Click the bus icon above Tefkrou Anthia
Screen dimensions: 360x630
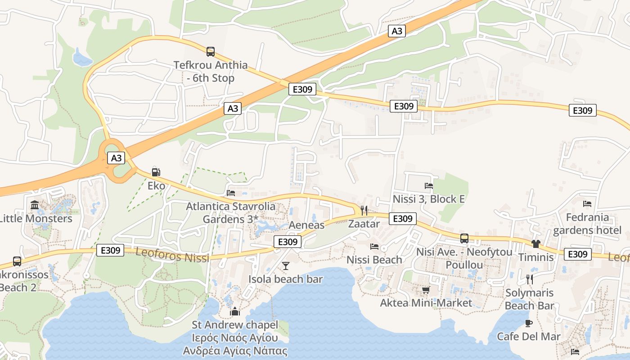click(x=211, y=52)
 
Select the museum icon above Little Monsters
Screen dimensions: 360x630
click(x=35, y=205)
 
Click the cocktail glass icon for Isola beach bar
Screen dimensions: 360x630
click(x=285, y=266)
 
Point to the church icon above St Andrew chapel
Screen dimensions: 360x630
click(x=235, y=311)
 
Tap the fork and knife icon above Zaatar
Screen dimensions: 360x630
click(x=364, y=210)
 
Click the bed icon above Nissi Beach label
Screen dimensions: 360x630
click(x=374, y=246)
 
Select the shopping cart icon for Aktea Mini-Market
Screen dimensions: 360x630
click(x=426, y=290)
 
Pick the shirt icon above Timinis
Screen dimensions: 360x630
click(x=535, y=244)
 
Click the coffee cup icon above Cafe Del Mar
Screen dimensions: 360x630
click(x=529, y=323)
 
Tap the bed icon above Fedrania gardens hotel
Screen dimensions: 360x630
click(x=587, y=204)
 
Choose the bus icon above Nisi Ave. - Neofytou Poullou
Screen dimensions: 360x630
click(x=464, y=238)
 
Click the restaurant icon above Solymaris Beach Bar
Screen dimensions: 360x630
click(x=529, y=279)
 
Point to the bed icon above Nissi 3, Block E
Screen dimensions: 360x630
click(x=428, y=185)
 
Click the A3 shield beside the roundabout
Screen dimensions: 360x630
click(x=116, y=158)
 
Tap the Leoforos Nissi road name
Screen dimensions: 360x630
click(x=172, y=255)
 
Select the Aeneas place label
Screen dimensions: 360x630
click(x=306, y=225)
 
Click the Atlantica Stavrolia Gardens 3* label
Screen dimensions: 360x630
click(x=230, y=213)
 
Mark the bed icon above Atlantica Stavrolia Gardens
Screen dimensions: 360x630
click(x=231, y=193)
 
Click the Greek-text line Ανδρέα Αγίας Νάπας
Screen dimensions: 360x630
click(x=235, y=351)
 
